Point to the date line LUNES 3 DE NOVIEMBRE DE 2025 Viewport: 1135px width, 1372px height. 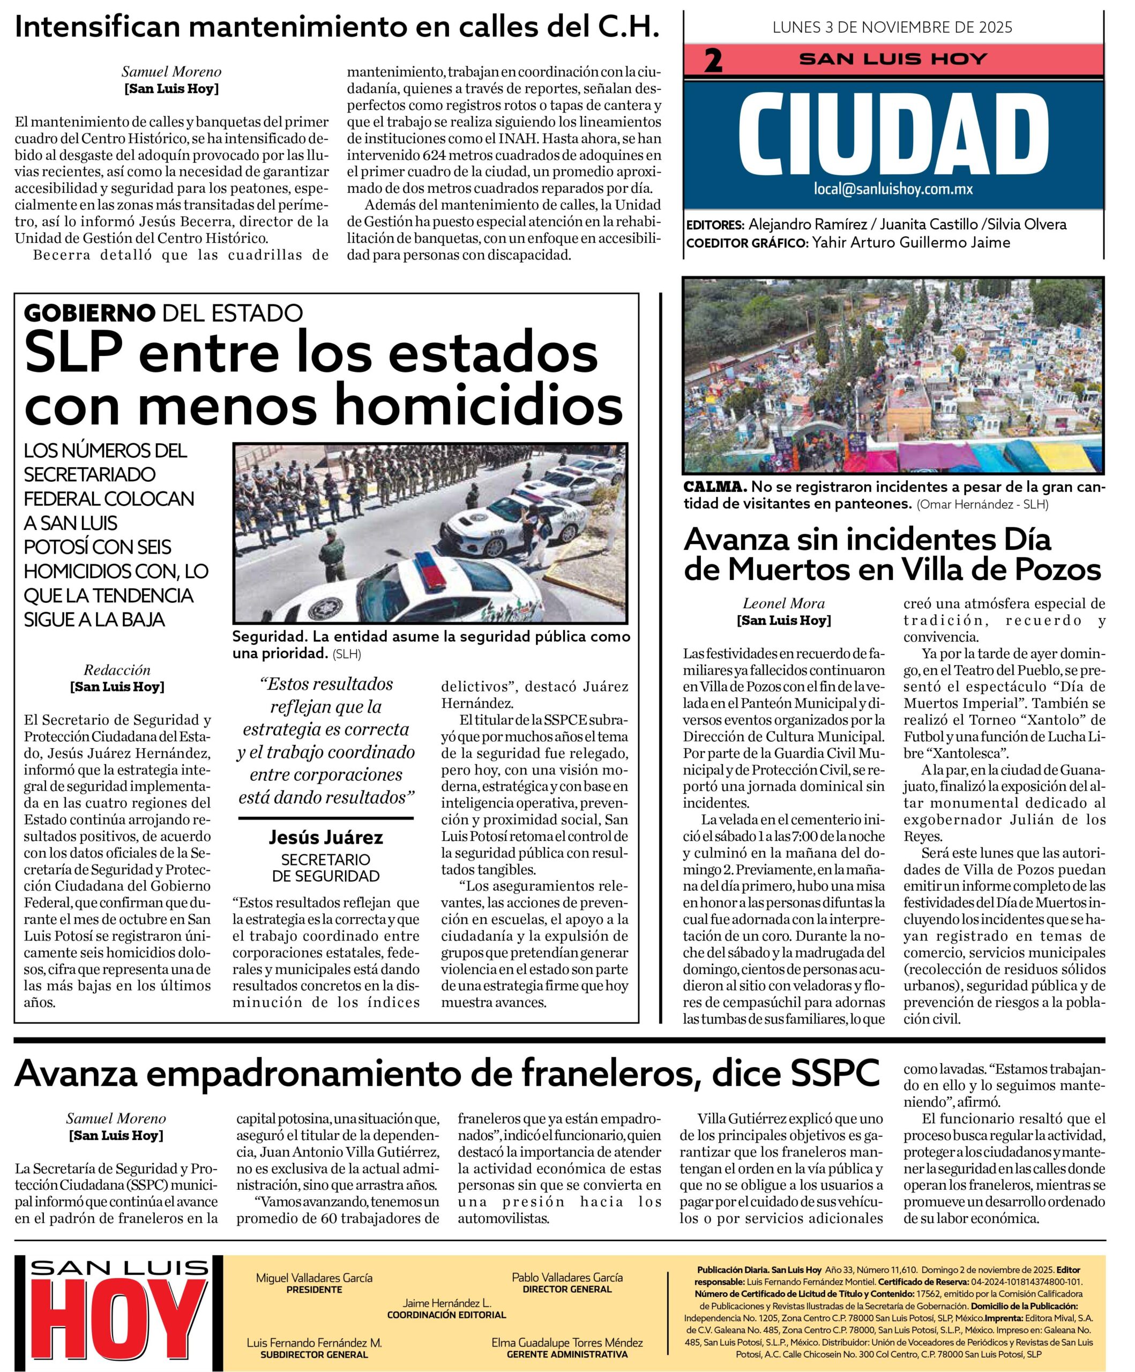893,27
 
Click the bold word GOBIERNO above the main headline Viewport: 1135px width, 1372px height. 89,313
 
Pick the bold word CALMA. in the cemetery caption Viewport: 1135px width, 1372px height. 715,487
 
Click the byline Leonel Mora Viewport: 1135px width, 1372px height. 783,603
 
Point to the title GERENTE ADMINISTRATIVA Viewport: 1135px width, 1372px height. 567,1354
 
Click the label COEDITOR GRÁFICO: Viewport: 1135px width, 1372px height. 747,243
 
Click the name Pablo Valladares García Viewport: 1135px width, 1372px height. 567,1277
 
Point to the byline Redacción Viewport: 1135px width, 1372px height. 117,670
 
